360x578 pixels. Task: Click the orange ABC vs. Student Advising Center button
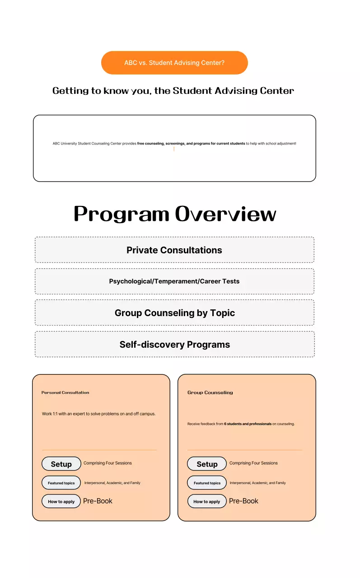click(x=174, y=63)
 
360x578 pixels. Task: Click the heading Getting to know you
click(x=173, y=91)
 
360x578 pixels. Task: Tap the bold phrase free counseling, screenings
click(x=191, y=144)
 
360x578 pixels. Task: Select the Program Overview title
click(x=175, y=214)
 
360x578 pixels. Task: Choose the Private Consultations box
click(x=174, y=250)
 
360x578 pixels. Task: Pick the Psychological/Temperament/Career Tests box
click(x=174, y=281)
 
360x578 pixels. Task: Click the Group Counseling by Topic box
click(x=174, y=313)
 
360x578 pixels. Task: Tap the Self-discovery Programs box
click(x=174, y=345)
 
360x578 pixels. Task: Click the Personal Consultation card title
click(x=65, y=392)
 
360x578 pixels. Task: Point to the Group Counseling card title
click(x=210, y=392)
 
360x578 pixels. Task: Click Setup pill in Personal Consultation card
click(x=61, y=464)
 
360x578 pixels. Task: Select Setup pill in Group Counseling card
click(x=207, y=464)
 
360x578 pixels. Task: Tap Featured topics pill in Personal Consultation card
click(x=61, y=483)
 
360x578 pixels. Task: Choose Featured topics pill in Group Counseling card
click(x=207, y=483)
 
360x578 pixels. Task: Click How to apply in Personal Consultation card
click(x=61, y=501)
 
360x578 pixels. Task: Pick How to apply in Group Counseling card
click(x=207, y=501)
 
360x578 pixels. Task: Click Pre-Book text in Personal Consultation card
click(x=98, y=501)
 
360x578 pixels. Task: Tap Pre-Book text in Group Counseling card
click(x=243, y=501)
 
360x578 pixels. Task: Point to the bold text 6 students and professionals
click(x=248, y=424)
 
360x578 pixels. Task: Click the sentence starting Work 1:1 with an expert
click(x=98, y=414)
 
